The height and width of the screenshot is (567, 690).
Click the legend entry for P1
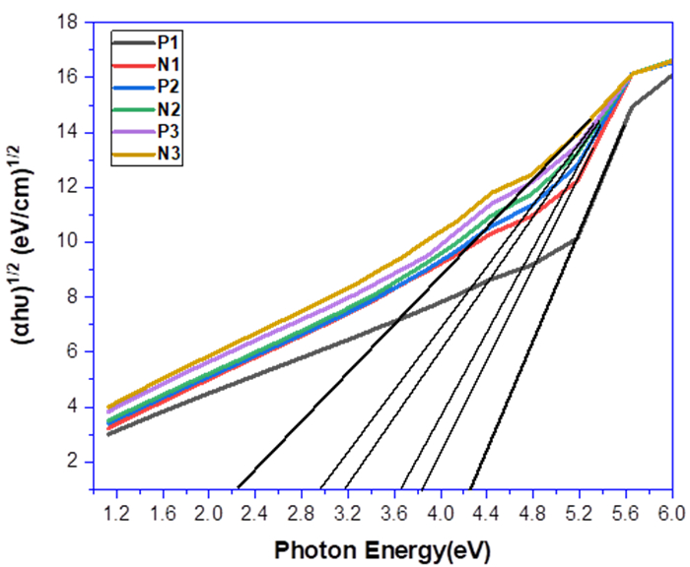point(166,42)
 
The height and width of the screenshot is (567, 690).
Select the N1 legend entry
point(166,64)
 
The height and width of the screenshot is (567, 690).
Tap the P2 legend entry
point(166,87)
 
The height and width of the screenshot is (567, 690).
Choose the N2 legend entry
point(166,108)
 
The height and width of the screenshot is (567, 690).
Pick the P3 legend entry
point(166,131)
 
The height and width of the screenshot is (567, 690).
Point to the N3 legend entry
point(166,153)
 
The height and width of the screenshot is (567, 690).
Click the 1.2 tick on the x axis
point(115,513)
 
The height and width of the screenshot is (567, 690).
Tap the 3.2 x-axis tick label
point(347,513)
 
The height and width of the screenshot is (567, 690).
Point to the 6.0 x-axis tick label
point(670,513)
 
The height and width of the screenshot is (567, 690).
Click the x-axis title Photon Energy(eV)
point(381,547)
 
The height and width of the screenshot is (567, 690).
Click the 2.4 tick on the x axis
point(254,513)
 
